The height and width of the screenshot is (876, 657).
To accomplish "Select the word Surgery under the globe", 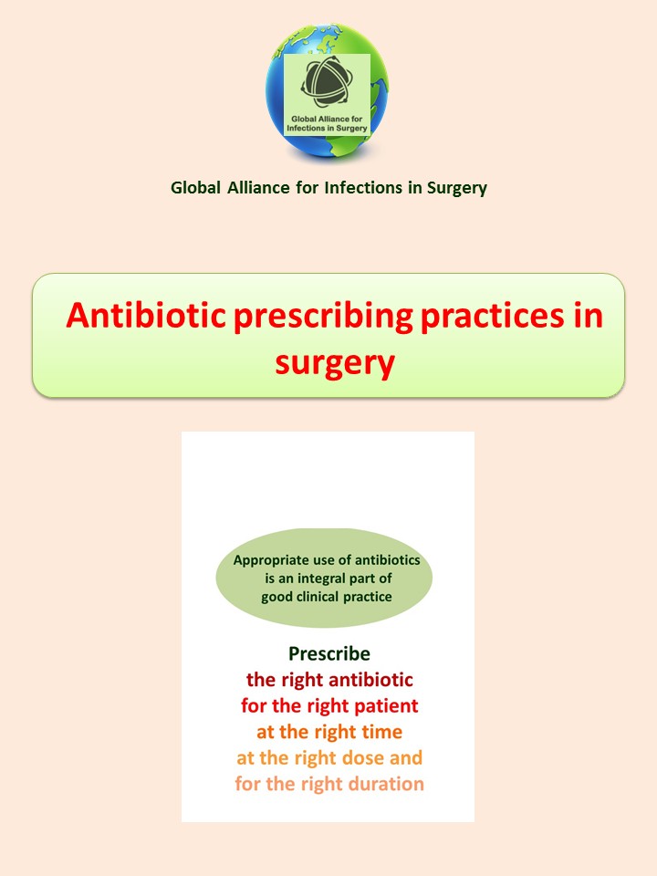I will pos(456,189).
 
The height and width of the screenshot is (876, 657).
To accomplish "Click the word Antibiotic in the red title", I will pos(147,317).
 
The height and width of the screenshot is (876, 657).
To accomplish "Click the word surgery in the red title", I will pos(334,362).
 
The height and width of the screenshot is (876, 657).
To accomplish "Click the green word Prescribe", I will pos(329,654).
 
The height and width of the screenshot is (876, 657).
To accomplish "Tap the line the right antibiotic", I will pos(329,680).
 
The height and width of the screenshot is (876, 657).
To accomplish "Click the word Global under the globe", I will pos(193,189).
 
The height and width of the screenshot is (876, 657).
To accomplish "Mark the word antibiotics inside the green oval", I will pos(382,560).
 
